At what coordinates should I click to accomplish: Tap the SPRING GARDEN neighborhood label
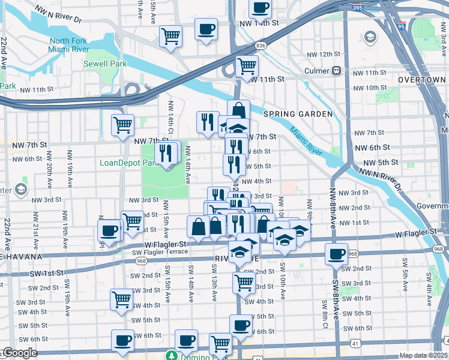click(297, 113)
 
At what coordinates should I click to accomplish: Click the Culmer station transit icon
click(336, 70)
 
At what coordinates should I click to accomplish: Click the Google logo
click(19, 353)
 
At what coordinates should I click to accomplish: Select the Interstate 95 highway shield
click(417, 26)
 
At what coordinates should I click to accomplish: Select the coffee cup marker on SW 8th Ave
click(336, 253)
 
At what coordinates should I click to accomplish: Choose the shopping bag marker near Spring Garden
click(238, 110)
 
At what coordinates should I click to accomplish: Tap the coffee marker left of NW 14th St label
click(206, 29)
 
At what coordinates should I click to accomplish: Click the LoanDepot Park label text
click(120, 163)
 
